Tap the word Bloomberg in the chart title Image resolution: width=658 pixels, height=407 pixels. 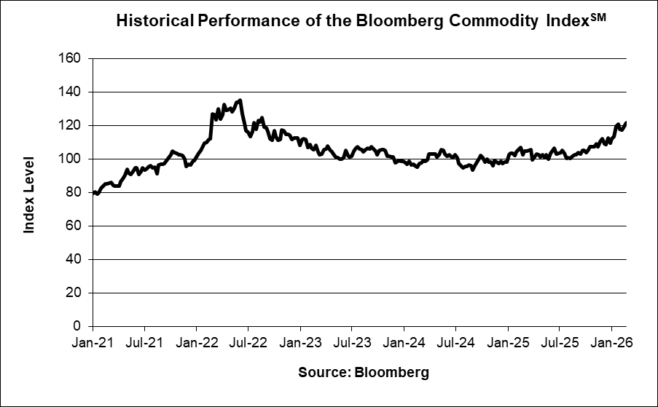click(x=396, y=23)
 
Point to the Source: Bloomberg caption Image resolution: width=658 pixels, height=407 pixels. click(x=363, y=373)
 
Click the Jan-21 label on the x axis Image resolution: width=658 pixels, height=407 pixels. click(x=93, y=341)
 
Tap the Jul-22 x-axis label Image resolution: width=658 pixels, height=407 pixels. click(x=248, y=341)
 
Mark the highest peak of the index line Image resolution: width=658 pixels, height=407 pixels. click(x=240, y=100)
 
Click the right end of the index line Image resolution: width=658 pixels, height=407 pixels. click(x=626, y=122)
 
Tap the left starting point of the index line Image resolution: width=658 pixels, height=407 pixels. click(x=93, y=192)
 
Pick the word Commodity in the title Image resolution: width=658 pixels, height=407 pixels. click(x=496, y=23)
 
